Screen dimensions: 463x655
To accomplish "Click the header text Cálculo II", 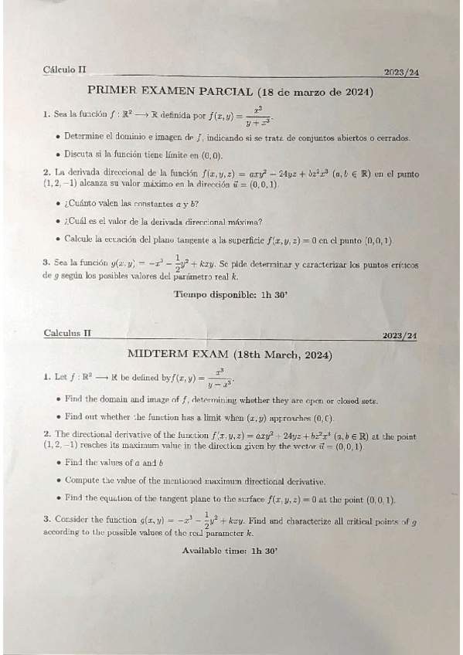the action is tap(65, 70).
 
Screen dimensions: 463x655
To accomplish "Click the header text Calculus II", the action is tap(67, 333).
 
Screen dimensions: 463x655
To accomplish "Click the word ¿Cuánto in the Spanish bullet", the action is tap(83, 204).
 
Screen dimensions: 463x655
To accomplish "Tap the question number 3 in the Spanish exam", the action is tap(46, 261).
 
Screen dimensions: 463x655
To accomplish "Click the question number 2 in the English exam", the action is tap(47, 436).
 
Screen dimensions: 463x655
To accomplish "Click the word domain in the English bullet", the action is tap(113, 400).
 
